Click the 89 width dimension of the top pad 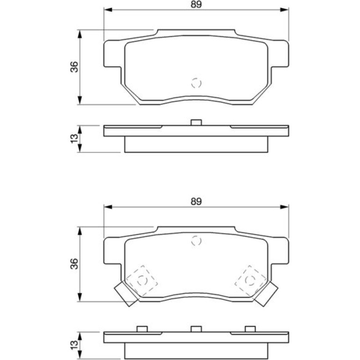(x=196, y=5)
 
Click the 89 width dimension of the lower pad (x=196, y=202)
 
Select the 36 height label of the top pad (x=74, y=67)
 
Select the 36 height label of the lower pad (x=74, y=264)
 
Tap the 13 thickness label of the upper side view (x=74, y=139)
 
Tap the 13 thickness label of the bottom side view (x=74, y=345)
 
